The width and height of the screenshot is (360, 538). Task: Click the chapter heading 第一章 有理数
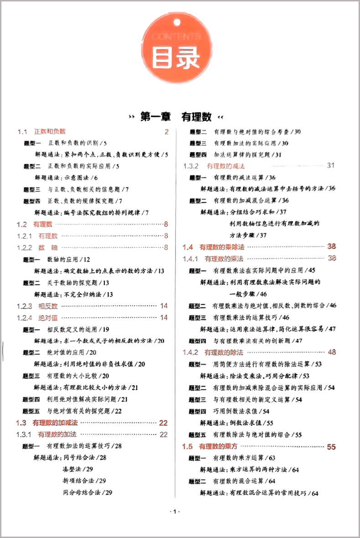pyautogui.click(x=176, y=117)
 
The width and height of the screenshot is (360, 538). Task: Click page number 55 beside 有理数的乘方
pyautogui.click(x=331, y=446)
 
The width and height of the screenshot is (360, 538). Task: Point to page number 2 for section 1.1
pyautogui.click(x=166, y=132)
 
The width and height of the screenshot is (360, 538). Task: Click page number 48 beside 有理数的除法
pyautogui.click(x=332, y=352)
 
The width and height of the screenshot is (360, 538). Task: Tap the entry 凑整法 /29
pyautogui.click(x=77, y=469)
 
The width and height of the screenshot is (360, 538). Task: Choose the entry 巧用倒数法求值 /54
pyautogui.click(x=242, y=411)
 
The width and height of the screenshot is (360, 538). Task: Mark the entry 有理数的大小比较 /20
pyautogui.click(x=78, y=375)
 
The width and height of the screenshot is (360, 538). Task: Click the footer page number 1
pyautogui.click(x=175, y=512)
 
